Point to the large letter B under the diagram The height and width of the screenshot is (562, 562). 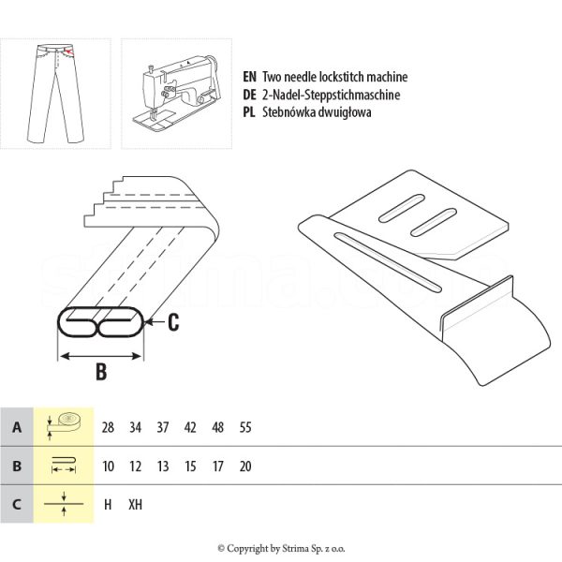click(101, 372)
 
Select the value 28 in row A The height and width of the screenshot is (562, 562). click(108, 428)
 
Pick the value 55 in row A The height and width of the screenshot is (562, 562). click(245, 428)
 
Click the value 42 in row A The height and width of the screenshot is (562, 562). click(190, 428)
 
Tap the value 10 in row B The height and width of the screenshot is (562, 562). click(108, 466)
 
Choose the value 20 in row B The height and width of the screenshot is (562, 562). click(245, 466)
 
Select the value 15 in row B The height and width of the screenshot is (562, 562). click(190, 466)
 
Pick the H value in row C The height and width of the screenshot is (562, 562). click(108, 504)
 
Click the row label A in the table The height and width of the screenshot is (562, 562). click(16, 427)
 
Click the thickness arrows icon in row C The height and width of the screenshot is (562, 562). click(64, 503)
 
